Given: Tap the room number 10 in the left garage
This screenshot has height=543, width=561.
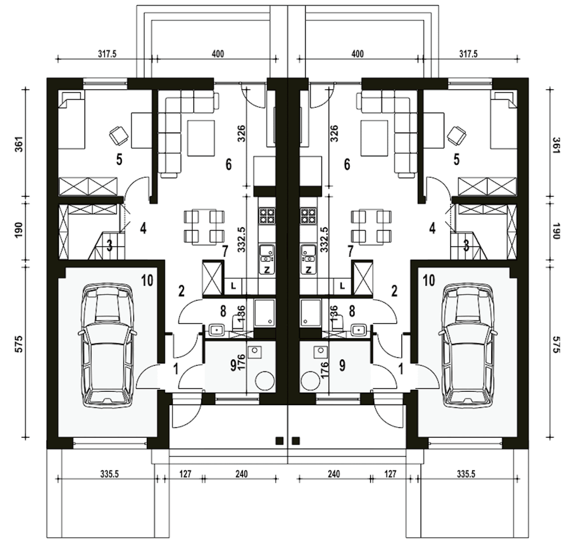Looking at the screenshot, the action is point(147,280).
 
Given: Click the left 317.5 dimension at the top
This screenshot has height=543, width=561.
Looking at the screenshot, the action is point(107,54).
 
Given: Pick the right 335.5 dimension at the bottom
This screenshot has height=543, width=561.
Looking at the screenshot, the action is point(466,474).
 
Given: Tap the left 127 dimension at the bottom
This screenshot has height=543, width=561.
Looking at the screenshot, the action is point(185,474).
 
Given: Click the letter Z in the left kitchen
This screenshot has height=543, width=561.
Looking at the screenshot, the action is point(267,270).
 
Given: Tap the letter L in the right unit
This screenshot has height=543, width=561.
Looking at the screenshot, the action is point(342,286).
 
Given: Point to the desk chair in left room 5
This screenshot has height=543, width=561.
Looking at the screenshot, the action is point(119,135).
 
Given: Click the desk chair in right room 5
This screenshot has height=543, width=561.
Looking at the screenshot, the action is point(457,135).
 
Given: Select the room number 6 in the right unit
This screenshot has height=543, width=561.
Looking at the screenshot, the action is point(347,165).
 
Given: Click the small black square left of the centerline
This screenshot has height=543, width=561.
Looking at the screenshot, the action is point(279,441).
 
